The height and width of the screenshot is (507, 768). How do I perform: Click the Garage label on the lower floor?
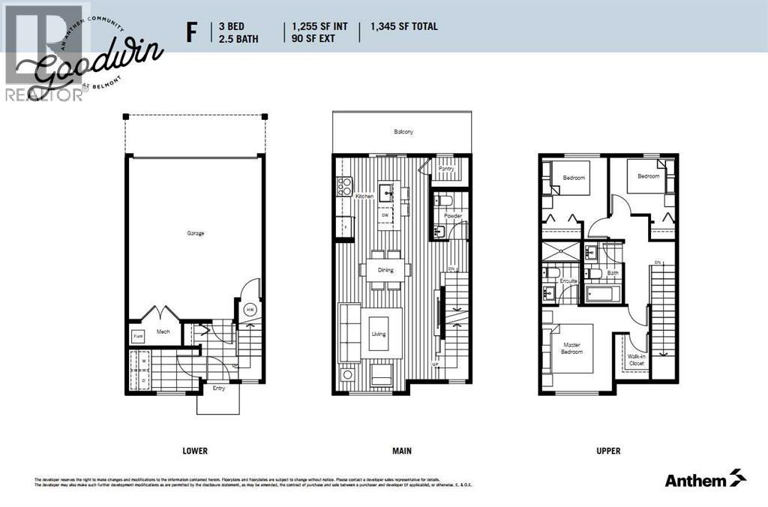[196, 233]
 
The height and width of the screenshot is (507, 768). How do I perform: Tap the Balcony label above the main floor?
[403, 132]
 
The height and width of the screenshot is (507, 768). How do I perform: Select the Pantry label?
[447, 169]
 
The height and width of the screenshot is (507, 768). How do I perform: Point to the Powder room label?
[452, 216]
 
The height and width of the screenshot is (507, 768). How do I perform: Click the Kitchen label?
[364, 196]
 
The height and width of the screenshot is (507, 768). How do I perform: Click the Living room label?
[379, 334]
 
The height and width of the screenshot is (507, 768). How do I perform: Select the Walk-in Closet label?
[637, 359]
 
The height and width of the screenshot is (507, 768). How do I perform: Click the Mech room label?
[163, 331]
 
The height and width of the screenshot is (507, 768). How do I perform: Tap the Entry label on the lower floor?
[217, 388]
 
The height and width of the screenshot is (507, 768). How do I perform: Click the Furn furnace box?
[138, 337]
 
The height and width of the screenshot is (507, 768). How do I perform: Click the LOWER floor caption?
[194, 451]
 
